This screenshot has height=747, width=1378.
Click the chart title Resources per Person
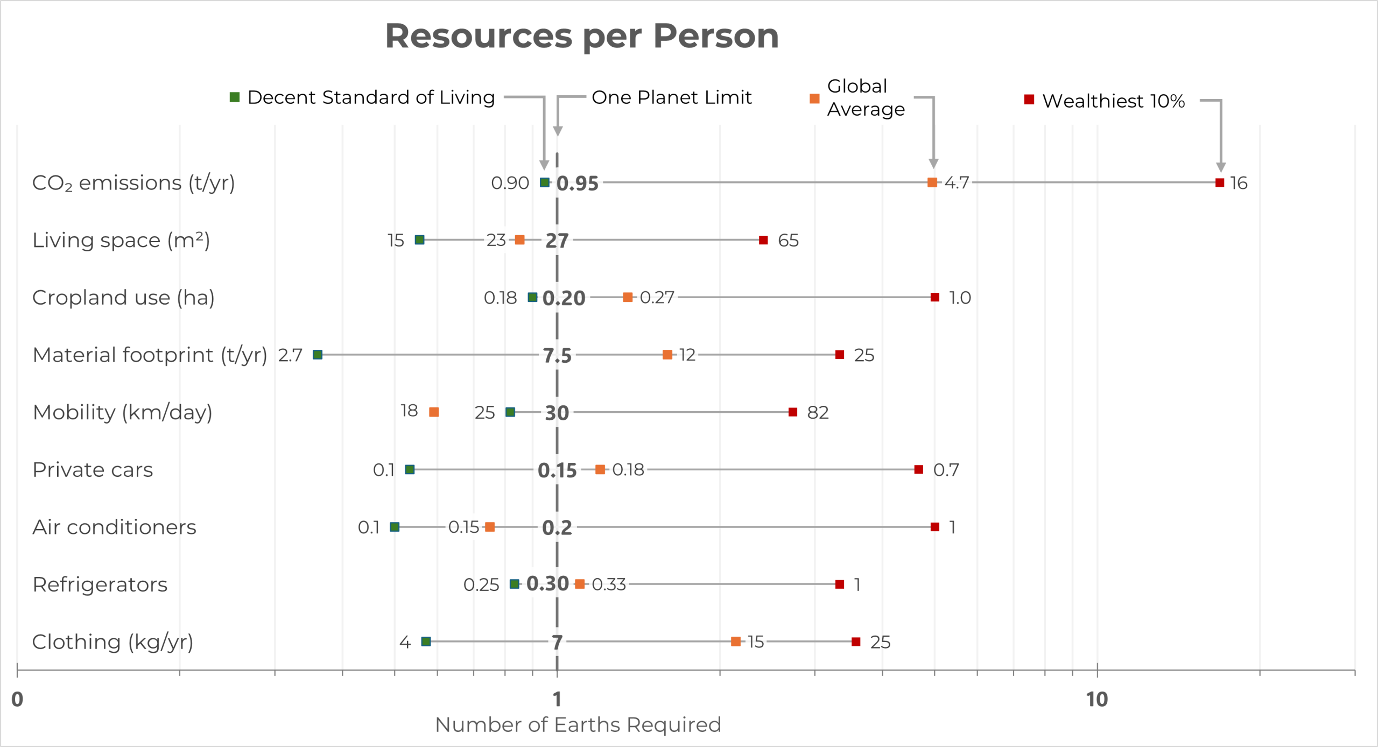pos(581,36)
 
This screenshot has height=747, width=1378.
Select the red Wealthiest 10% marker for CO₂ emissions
pos(1220,183)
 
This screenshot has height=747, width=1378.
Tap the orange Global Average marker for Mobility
pos(434,412)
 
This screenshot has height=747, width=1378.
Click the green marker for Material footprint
pos(318,355)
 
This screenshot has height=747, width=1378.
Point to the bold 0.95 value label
pos(578,184)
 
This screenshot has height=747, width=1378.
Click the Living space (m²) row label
pos(121,240)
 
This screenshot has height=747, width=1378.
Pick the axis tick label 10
pos(1096,700)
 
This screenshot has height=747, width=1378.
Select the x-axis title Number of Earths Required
pos(578,725)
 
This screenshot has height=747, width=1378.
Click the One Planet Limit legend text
pos(671,97)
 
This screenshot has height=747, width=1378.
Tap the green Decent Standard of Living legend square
pos(235,97)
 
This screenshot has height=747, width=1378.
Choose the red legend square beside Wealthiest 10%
pos(1029,100)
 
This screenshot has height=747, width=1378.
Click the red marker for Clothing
pos(856,642)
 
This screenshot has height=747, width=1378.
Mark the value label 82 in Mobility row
pos(818,413)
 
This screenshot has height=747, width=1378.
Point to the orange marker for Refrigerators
pos(580,584)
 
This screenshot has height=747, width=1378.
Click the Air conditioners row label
pos(114,527)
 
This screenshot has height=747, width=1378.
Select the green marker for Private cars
pos(410,470)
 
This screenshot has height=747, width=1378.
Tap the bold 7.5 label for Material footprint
pos(557,356)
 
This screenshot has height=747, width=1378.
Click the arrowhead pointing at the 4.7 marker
pos(934,164)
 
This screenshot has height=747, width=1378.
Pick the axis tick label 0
pos(17,700)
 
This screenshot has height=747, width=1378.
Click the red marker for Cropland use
pos(935,298)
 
